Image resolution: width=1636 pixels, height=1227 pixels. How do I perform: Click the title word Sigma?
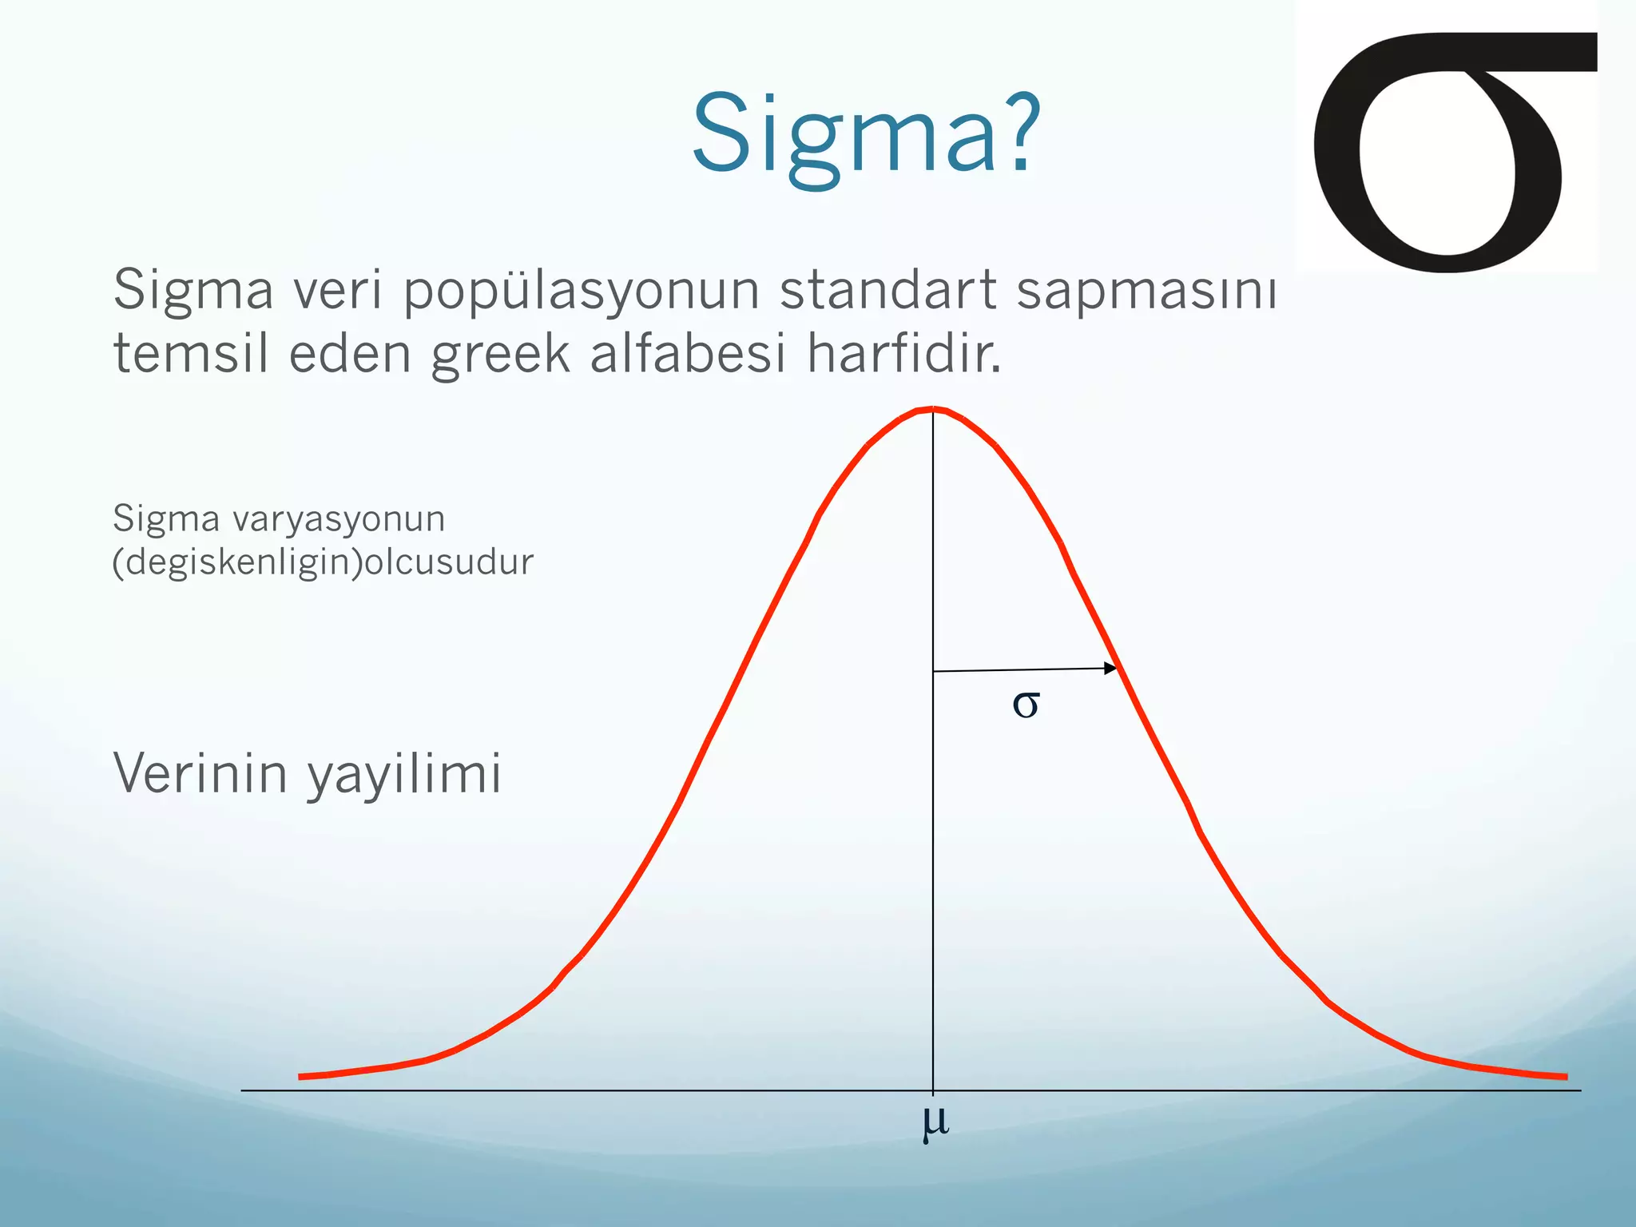click(866, 134)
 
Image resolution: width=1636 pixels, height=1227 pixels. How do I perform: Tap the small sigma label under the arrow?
click(1026, 705)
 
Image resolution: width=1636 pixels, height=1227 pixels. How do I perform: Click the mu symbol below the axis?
click(935, 1122)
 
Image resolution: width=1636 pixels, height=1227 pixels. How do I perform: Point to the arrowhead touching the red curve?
click(1110, 668)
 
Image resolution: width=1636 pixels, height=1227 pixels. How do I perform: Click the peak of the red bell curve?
click(933, 410)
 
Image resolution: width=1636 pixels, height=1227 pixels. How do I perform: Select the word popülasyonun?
click(581, 289)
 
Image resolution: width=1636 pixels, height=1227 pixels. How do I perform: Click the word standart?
click(887, 289)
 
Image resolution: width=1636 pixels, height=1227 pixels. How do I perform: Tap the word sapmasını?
click(1146, 289)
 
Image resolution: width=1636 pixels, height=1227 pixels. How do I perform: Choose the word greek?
click(501, 354)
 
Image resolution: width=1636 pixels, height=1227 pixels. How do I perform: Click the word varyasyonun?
click(339, 519)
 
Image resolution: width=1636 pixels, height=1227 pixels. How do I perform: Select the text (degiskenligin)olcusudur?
click(323, 562)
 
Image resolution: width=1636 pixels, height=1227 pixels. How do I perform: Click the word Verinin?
click(200, 773)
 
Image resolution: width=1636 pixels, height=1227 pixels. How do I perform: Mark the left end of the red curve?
click(302, 1077)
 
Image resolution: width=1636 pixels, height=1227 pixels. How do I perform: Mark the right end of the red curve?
click(1564, 1077)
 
